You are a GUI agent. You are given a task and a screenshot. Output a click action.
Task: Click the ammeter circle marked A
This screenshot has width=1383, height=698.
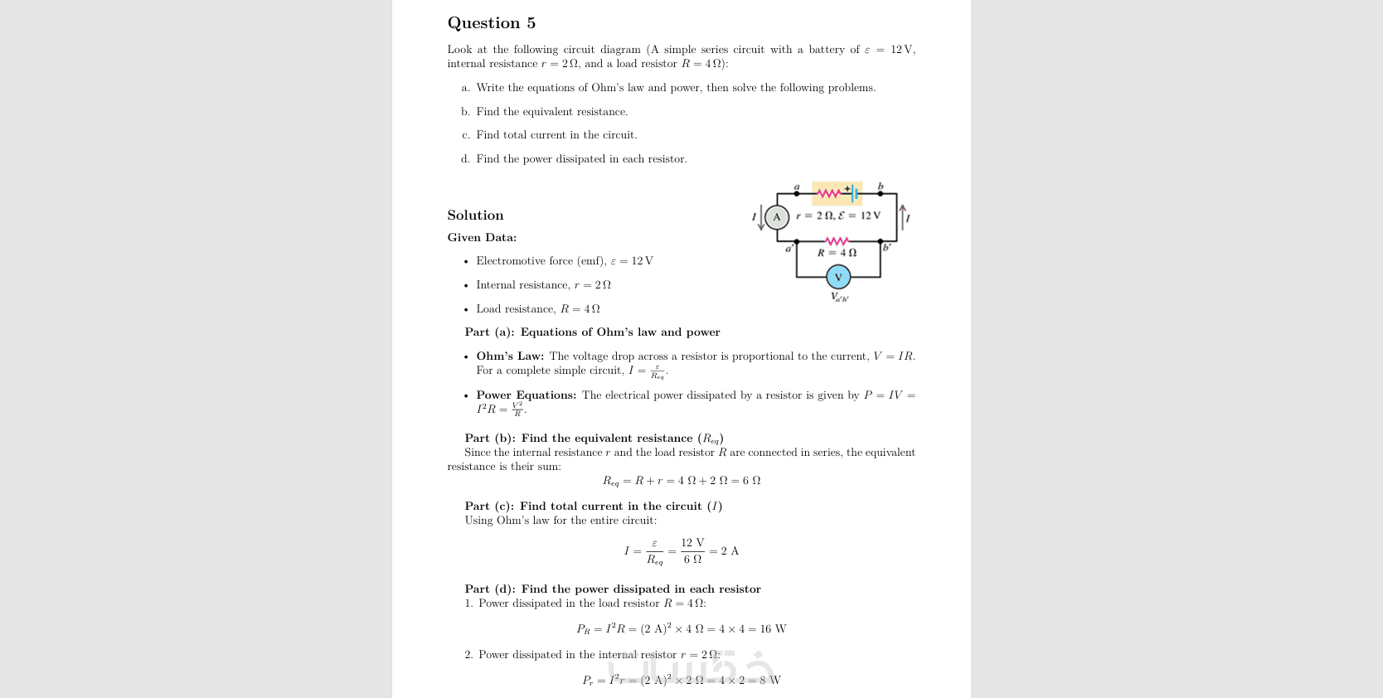click(x=776, y=217)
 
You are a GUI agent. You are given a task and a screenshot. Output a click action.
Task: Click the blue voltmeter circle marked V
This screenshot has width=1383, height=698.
click(x=838, y=277)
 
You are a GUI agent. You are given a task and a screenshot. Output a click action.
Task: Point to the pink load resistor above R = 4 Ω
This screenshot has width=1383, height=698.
click(x=837, y=241)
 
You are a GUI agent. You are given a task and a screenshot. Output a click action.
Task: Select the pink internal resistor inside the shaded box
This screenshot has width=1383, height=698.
click(x=829, y=194)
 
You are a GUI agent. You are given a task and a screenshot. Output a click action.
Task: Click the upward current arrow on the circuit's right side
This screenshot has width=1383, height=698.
click(x=902, y=216)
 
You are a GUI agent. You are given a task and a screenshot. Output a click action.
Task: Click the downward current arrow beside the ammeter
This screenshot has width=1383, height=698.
click(x=761, y=217)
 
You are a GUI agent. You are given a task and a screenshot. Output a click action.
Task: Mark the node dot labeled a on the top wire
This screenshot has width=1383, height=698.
click(x=797, y=193)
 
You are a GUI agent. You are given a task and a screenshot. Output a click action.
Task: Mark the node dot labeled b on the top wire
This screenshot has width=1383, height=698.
click(x=881, y=193)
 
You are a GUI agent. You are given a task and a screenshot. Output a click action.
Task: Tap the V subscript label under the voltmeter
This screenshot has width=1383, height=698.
click(x=839, y=297)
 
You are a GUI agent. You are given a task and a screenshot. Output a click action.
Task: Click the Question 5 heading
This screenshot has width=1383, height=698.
click(x=491, y=23)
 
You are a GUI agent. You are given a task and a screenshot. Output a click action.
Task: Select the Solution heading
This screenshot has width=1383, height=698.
click(x=475, y=216)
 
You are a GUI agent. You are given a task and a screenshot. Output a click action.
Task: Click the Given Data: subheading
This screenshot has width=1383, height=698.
click(x=482, y=238)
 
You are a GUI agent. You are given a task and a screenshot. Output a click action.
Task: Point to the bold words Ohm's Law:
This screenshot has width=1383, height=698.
click(x=510, y=356)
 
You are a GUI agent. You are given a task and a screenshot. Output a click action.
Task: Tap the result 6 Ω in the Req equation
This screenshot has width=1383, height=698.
click(x=751, y=481)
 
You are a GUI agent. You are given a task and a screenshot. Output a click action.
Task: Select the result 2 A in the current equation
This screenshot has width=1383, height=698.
click(x=730, y=551)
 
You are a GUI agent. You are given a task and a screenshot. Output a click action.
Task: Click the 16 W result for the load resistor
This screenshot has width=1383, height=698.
click(x=773, y=629)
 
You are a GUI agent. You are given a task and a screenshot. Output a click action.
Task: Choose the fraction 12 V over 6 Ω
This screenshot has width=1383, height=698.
click(x=692, y=550)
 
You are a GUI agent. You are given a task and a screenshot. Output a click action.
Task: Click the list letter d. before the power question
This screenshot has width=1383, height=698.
click(x=465, y=159)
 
